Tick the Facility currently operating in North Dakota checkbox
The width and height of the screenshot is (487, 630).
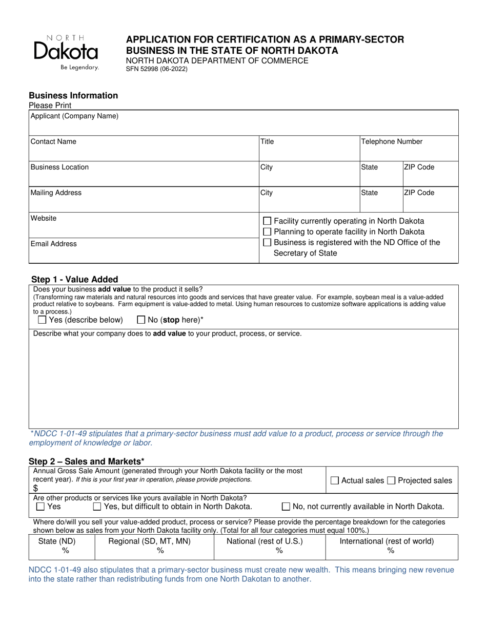click(267, 221)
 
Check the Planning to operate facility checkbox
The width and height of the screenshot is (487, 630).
click(267, 232)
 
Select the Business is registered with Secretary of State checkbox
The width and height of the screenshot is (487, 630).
click(267, 242)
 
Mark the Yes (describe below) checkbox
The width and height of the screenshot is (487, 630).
click(42, 320)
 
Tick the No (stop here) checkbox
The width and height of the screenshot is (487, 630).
click(141, 320)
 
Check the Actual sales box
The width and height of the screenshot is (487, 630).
click(335, 480)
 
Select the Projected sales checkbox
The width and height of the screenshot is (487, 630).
click(391, 480)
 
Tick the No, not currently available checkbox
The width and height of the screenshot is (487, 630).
click(286, 507)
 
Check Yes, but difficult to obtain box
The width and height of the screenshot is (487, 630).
click(97, 507)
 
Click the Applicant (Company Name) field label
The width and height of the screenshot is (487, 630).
click(74, 116)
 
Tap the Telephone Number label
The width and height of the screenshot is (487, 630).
click(392, 142)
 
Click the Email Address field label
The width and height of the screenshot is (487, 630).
click(54, 244)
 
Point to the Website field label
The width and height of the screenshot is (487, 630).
click(44, 218)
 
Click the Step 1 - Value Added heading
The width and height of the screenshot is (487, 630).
click(75, 279)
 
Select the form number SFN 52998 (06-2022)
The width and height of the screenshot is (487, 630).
click(157, 69)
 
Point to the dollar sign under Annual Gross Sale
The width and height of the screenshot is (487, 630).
click(35, 488)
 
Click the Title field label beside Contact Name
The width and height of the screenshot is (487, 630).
click(267, 142)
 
